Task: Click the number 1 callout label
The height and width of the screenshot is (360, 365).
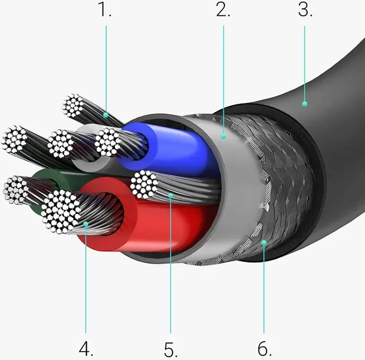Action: (x=105, y=10)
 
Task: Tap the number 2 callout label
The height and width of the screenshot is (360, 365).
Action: (x=223, y=10)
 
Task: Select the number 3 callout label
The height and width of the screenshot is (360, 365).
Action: (x=305, y=10)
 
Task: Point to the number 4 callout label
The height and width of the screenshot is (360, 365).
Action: (x=86, y=349)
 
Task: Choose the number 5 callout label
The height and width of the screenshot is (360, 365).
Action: (x=170, y=349)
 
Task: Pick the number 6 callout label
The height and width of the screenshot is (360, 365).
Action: (x=264, y=349)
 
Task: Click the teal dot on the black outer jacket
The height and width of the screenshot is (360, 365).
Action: (x=304, y=104)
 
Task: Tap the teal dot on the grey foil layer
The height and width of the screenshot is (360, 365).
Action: (x=223, y=136)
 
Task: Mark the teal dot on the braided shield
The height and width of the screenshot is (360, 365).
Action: (x=264, y=243)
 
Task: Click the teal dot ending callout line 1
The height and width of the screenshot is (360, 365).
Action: (x=106, y=115)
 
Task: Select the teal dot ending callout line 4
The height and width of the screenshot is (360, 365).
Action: (x=86, y=224)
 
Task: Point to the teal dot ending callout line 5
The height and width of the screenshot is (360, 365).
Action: (x=170, y=196)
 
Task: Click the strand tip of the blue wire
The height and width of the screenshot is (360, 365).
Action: (x=107, y=142)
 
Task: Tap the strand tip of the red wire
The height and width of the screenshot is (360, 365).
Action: (x=61, y=211)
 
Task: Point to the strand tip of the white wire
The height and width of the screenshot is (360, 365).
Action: (x=61, y=143)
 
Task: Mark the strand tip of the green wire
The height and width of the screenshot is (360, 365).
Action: (x=15, y=190)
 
